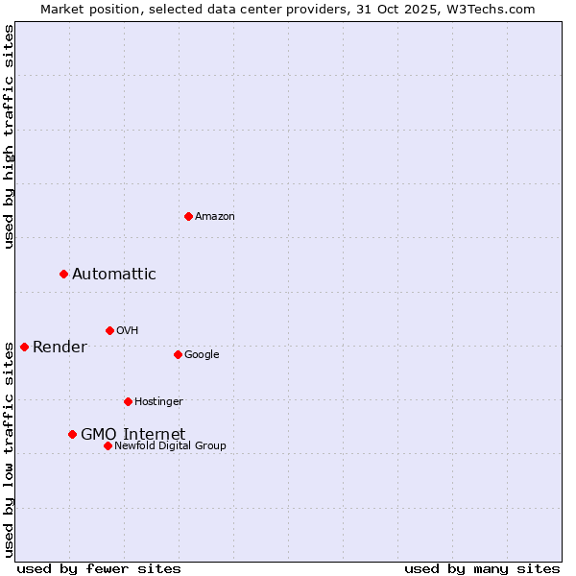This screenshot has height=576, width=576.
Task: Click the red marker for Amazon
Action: [x=188, y=216]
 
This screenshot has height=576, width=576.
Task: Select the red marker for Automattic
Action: [x=64, y=275]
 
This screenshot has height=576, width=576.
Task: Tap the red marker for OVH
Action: [x=109, y=330]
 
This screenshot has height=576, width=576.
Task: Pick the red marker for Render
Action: [x=24, y=347]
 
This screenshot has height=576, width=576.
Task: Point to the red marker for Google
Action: [x=178, y=354]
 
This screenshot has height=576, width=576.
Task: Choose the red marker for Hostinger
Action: [x=128, y=401]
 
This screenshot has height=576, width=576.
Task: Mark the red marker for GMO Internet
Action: [x=72, y=435]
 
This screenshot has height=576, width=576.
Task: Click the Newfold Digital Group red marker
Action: [x=108, y=445]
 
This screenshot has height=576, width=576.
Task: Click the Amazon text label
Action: [x=215, y=217]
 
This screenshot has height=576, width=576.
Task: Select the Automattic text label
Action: [x=114, y=275]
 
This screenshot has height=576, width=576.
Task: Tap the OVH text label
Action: [x=128, y=331]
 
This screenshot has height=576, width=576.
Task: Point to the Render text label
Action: [x=60, y=348]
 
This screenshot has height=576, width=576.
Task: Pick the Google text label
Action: [x=202, y=355]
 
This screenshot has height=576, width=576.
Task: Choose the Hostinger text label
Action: [x=158, y=402]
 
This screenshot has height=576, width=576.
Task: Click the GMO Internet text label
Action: [x=132, y=435]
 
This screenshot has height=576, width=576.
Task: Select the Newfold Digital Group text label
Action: [x=170, y=446]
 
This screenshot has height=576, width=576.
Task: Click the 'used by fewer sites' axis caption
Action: [x=99, y=568]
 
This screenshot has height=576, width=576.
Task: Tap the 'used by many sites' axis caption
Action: [x=482, y=568]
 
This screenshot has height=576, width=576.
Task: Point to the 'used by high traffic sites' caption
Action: [x=10, y=136]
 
